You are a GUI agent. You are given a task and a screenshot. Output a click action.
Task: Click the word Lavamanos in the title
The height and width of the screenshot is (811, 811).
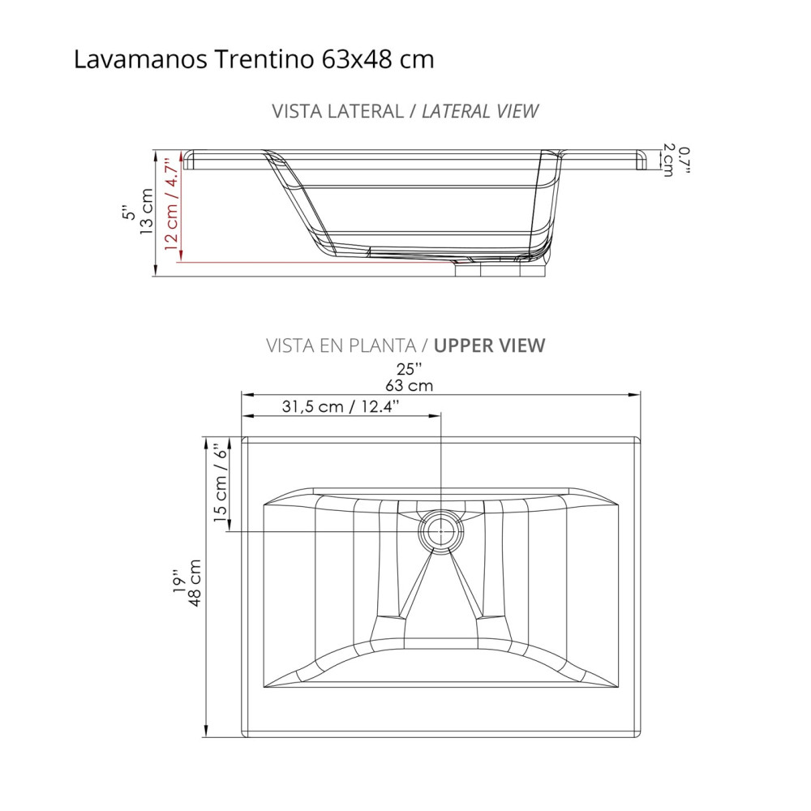tap(143, 60)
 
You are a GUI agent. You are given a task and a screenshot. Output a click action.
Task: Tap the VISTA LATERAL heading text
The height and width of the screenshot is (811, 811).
tap(337, 111)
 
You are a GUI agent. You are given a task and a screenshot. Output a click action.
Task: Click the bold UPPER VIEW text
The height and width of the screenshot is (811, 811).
tap(490, 345)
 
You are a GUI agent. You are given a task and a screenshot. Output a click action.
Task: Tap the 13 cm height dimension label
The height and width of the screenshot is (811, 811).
tap(147, 212)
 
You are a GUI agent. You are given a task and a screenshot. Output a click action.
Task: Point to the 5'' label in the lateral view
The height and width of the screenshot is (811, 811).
tap(127, 212)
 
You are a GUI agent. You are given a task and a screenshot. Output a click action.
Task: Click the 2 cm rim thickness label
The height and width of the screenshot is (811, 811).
tap(668, 161)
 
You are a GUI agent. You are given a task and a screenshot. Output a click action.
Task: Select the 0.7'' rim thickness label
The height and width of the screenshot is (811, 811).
tap(685, 161)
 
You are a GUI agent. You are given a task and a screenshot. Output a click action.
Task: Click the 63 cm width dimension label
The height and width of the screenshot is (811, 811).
tap(410, 385)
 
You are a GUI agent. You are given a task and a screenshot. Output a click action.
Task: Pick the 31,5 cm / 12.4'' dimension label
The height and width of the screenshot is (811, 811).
tap(341, 407)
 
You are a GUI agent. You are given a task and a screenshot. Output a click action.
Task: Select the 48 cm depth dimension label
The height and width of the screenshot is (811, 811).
tap(194, 581)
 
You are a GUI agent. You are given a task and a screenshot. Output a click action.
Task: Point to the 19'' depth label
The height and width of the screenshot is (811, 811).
tap(176, 581)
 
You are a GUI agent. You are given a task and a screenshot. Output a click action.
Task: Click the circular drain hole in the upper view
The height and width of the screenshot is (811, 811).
tap(440, 532)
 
